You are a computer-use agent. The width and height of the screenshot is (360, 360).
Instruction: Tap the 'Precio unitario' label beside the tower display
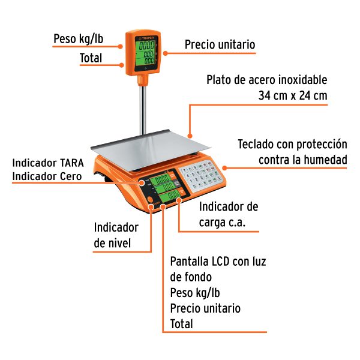tap(220, 45)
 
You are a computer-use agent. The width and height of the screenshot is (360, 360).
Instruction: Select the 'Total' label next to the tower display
tap(91, 58)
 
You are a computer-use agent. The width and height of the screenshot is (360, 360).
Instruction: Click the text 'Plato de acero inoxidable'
tap(267, 80)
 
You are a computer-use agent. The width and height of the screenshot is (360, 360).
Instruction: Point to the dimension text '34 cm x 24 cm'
tap(293, 95)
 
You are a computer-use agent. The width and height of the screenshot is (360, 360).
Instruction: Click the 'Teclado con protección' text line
tap(292, 145)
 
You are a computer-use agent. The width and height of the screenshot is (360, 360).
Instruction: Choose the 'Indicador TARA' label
tap(48, 163)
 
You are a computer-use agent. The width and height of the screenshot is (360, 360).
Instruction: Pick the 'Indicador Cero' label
tap(48, 176)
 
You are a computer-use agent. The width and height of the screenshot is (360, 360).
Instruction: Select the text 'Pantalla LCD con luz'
tap(218, 262)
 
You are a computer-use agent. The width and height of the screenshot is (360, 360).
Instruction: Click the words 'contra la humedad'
tap(303, 160)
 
